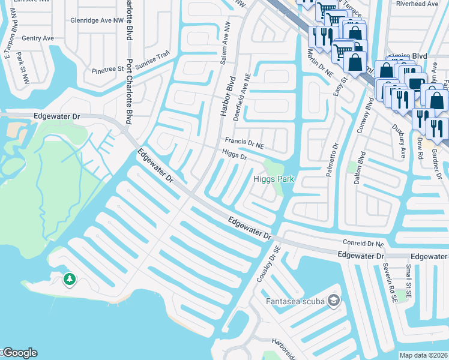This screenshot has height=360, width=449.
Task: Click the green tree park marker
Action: pyautogui.click(x=70, y=279)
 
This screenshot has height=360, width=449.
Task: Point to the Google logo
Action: pyautogui.click(x=19, y=353)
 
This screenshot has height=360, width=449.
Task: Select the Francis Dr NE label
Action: pyautogui.click(x=245, y=142)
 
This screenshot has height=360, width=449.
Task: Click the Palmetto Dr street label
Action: pyautogui.click(x=332, y=158)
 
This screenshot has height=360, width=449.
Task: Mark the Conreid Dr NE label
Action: pyautogui.click(x=363, y=244)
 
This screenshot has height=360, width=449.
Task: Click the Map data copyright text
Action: pyautogui.click(x=424, y=355)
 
